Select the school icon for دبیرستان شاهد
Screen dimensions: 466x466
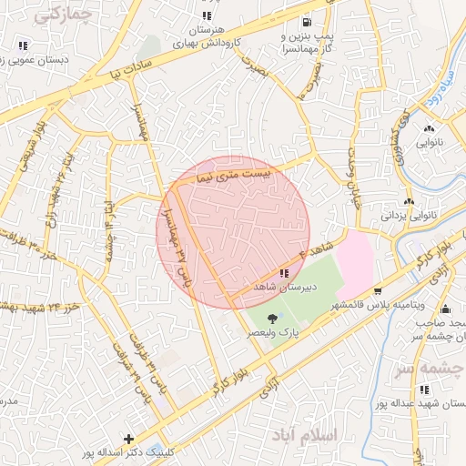[x=285, y=273]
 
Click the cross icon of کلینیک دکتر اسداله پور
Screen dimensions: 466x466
[x=129, y=440]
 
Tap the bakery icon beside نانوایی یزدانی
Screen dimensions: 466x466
[x=409, y=202]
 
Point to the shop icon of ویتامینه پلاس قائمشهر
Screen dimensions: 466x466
[x=378, y=290]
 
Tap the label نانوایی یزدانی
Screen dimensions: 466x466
[x=435, y=217]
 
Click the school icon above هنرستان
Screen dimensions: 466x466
[x=208, y=15]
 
